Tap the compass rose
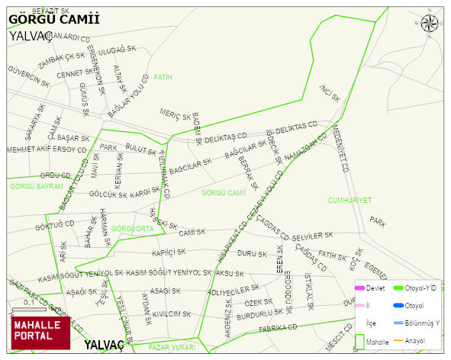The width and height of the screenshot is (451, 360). [430, 24]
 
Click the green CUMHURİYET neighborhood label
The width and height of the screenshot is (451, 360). [350, 200]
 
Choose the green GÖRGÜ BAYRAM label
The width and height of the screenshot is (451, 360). [37, 186]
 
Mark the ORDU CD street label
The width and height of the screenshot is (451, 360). [55, 175]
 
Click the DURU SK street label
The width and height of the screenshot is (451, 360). [252, 252]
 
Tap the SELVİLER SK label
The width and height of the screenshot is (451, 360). [313, 236]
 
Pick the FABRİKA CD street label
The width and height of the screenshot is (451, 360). [278, 328]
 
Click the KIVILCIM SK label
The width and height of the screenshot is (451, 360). [172, 313]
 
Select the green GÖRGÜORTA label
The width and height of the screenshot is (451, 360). [133, 228]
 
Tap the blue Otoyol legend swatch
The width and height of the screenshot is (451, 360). [398, 306]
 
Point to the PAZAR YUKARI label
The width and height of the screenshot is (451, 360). [172, 347]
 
